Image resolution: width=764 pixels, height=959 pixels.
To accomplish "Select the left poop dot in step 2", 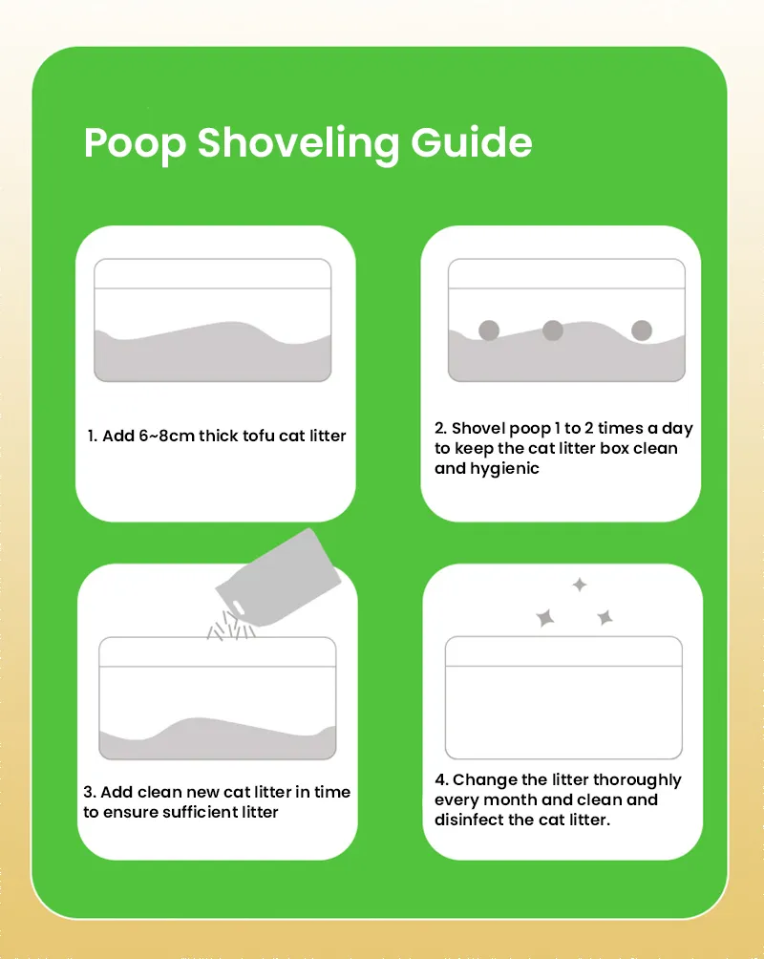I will pos(489,330).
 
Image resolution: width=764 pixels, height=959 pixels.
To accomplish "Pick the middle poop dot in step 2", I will pos(553,330).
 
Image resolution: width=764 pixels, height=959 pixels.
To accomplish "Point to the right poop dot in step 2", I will pos(642,330).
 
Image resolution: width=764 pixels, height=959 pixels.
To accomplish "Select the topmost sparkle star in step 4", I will pos(579,585).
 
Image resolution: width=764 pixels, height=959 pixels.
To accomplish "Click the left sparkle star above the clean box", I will pos(545,618).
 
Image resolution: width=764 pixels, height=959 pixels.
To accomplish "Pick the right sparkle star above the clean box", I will pos(605,618).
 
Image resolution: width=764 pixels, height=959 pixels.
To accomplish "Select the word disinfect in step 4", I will pos(470,820).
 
